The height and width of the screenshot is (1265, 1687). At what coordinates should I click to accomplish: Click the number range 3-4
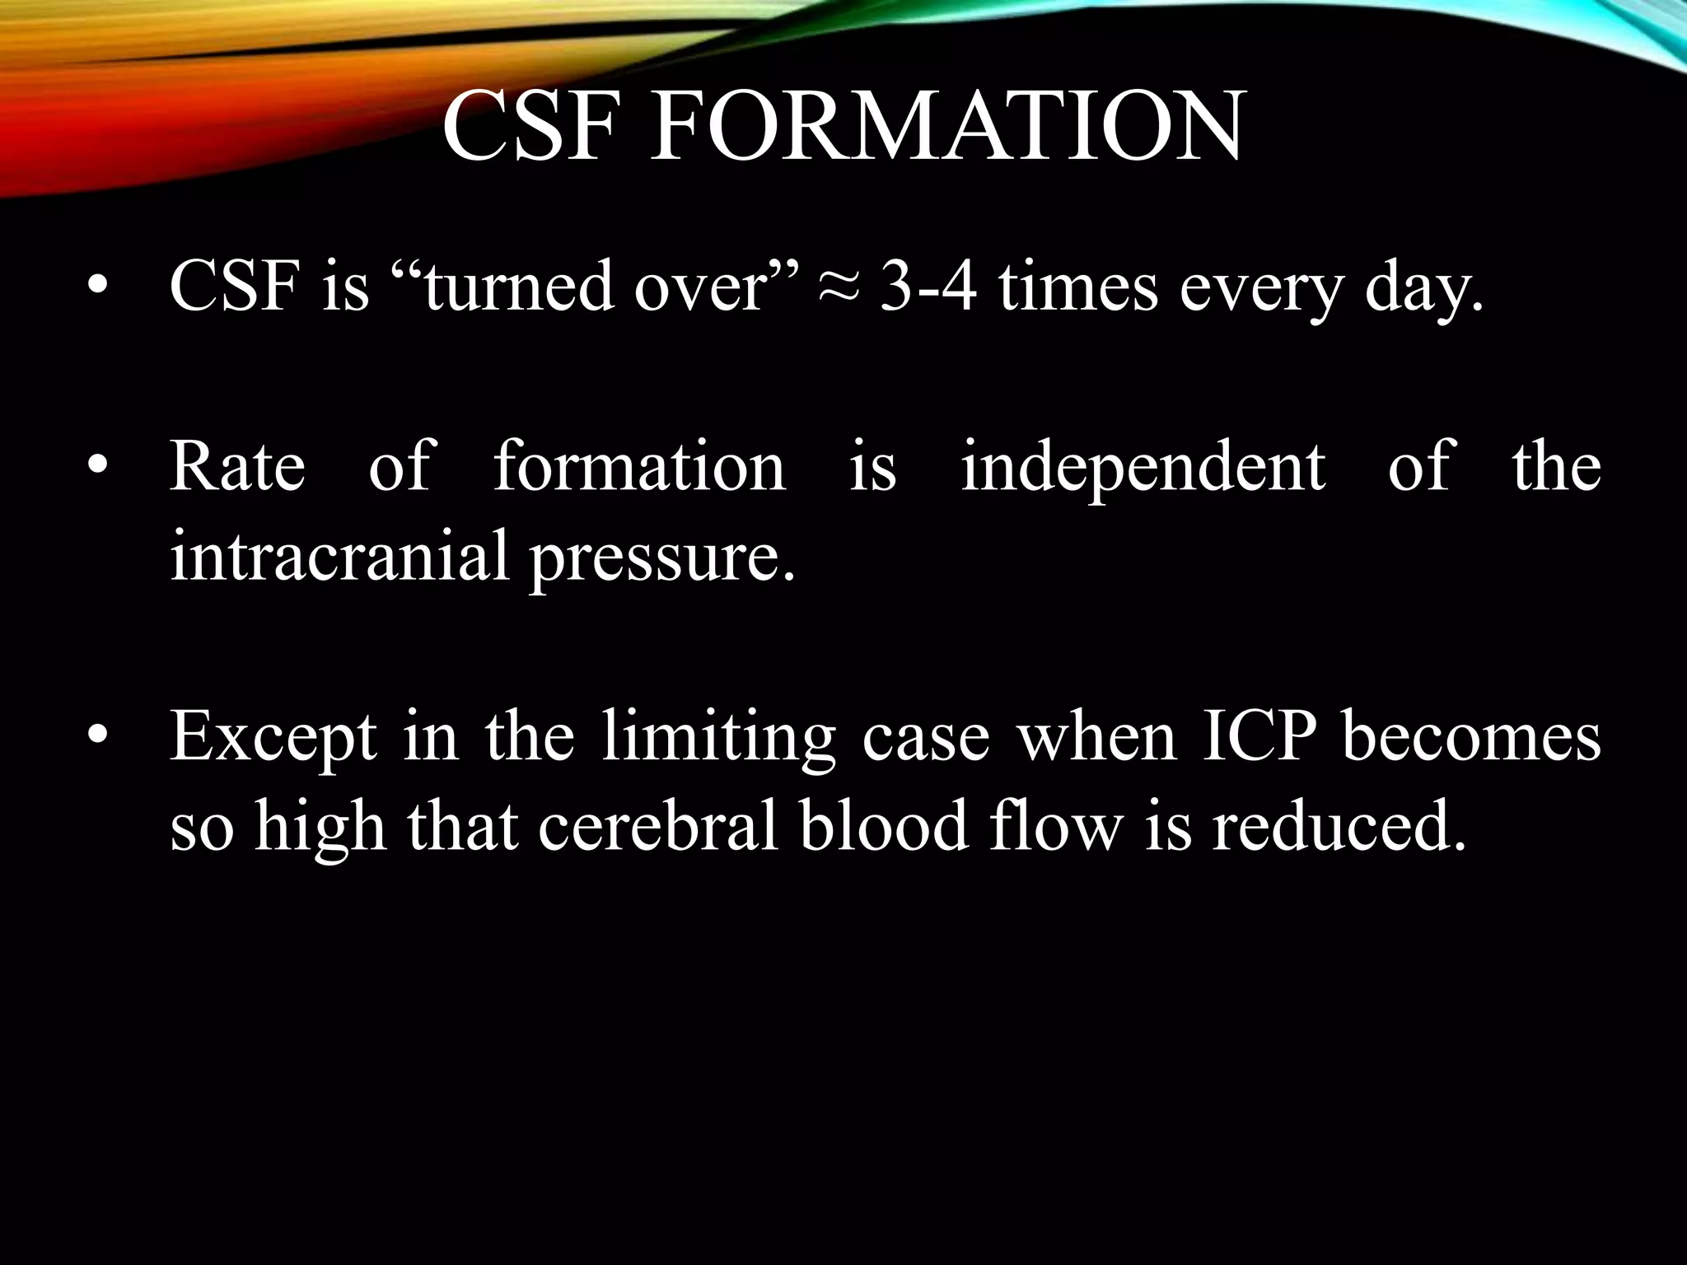pos(930,288)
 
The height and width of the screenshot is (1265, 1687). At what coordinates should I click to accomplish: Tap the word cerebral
pos(658,826)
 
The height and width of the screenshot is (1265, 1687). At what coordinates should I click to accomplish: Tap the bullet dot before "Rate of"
pos(98,466)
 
